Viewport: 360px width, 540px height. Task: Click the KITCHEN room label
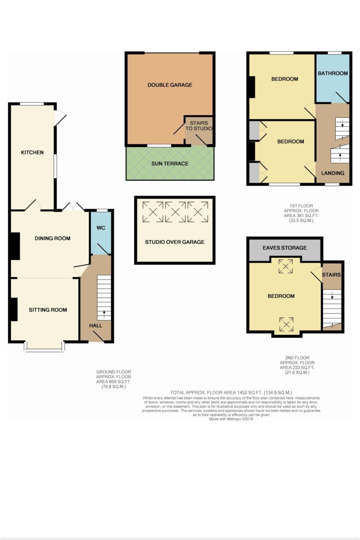[x=32, y=152]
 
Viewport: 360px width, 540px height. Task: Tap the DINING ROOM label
[x=53, y=238]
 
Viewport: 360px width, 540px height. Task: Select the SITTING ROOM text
[x=48, y=310]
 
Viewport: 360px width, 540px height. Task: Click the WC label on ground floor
[x=101, y=228]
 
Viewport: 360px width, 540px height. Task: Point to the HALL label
[x=96, y=325]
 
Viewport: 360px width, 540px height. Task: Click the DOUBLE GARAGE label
[x=170, y=85]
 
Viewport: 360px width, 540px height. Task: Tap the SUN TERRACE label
[x=170, y=163]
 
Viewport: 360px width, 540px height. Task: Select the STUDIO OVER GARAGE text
[x=175, y=242]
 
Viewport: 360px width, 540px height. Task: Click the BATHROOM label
[x=333, y=73]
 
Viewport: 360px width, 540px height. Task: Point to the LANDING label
[x=333, y=173]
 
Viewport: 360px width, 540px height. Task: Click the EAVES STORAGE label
[x=285, y=248]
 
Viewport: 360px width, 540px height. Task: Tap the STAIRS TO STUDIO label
[x=199, y=126]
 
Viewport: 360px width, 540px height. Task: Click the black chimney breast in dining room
[x=15, y=246]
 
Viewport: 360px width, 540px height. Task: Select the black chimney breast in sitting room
[x=14, y=309]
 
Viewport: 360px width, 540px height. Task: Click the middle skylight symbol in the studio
[x=175, y=211]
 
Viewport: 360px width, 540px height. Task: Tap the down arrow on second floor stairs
[x=332, y=295]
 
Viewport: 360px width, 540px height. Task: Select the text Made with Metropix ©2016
[x=231, y=419]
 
